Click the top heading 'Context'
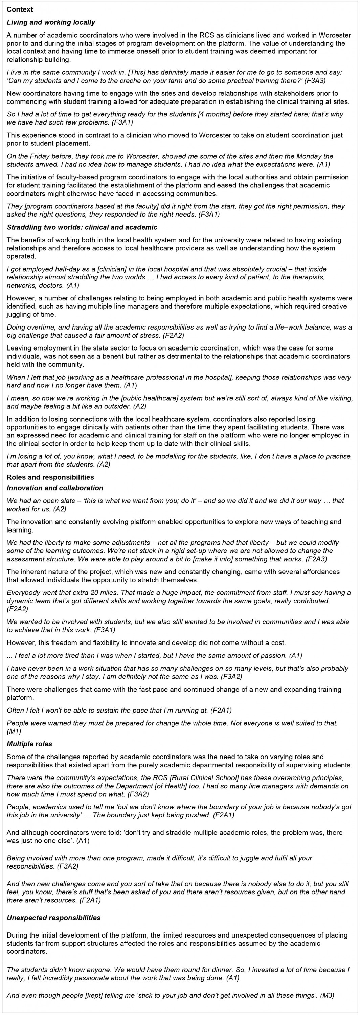point(20,9)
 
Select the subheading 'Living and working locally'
point(51,22)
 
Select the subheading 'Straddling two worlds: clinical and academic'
point(82,227)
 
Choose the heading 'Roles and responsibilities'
point(50,477)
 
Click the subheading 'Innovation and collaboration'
point(55,488)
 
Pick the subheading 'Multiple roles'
point(29,744)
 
